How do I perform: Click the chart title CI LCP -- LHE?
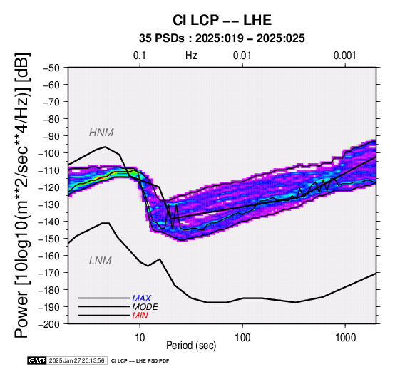click(x=222, y=20)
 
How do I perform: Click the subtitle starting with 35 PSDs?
click(x=222, y=38)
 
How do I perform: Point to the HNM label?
click(x=101, y=133)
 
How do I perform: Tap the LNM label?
click(x=101, y=261)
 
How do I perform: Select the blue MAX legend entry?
click(x=142, y=298)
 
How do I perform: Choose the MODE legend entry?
click(x=145, y=307)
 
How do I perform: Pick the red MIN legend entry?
click(x=140, y=316)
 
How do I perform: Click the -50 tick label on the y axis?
click(x=51, y=68)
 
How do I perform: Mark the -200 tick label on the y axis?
click(x=49, y=324)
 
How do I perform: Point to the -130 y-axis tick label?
click(x=49, y=204)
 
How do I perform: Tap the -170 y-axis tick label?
click(x=49, y=273)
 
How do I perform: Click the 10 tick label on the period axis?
click(x=140, y=338)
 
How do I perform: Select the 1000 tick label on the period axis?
click(x=345, y=338)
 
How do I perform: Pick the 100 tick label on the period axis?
click(x=242, y=338)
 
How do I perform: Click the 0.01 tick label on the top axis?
click(x=242, y=56)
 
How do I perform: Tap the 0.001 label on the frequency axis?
click(x=345, y=56)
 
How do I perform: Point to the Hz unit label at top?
click(x=191, y=56)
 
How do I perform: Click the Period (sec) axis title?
click(x=191, y=346)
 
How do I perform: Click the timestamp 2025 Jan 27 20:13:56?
click(x=76, y=361)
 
